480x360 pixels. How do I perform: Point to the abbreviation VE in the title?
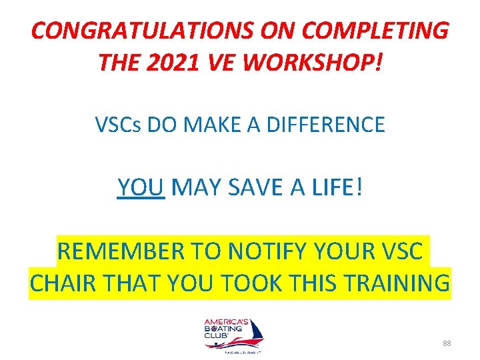click(x=219, y=63)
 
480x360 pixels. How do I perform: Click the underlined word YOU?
click(x=141, y=188)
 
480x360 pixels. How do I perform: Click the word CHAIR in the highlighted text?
click(x=63, y=283)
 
